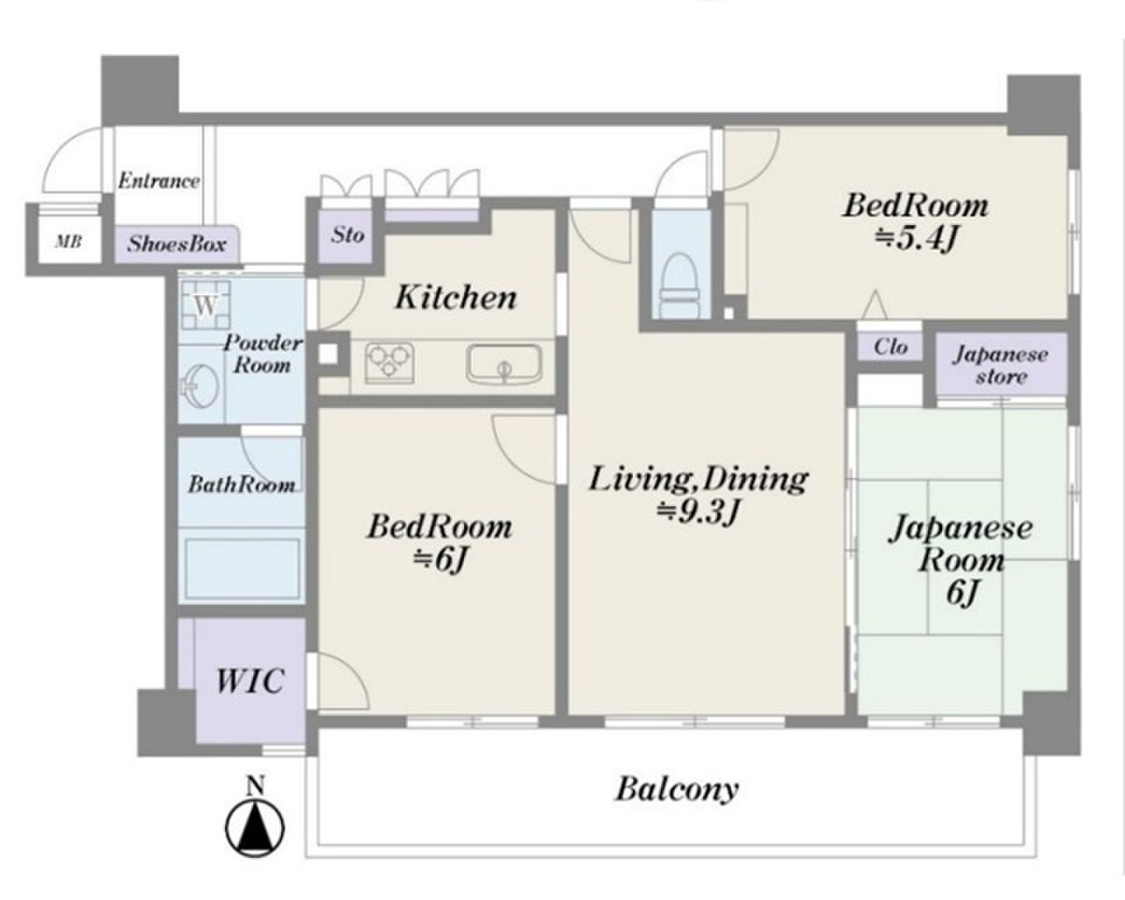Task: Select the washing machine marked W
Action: [x=206, y=304]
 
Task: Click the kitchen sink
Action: [x=504, y=363]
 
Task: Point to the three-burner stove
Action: [x=389, y=363]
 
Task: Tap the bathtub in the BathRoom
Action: [x=242, y=569]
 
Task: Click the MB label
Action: [x=69, y=242]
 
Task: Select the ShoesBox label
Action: [x=178, y=244]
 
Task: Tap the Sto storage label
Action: [x=347, y=235]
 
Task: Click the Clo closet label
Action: [x=891, y=346]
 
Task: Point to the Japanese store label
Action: [x=1001, y=366]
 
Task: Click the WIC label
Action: [x=250, y=680]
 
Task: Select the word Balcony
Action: [x=677, y=789]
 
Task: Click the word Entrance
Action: [x=159, y=181]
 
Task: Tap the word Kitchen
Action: [x=456, y=297]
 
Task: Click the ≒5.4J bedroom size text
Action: [x=916, y=240]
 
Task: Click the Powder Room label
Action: [x=263, y=354]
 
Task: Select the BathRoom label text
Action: [x=242, y=485]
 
